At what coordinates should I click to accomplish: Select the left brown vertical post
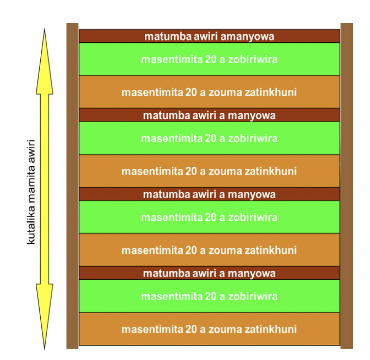72,186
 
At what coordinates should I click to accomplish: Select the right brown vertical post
346,186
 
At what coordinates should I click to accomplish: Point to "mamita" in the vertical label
32,188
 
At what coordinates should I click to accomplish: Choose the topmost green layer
210,59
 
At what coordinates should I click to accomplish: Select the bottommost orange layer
210,329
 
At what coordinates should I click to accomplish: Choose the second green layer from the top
210,138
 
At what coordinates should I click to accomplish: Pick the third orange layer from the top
210,250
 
